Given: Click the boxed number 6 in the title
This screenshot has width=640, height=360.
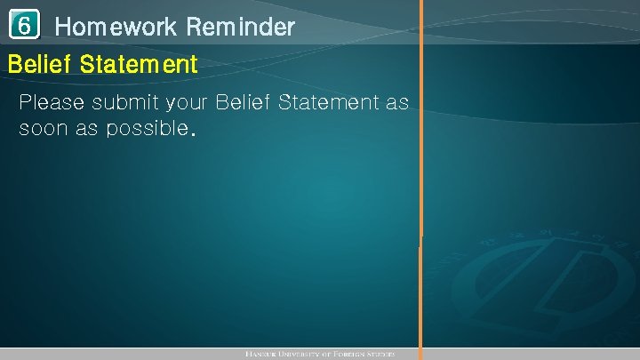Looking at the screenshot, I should (x=26, y=27).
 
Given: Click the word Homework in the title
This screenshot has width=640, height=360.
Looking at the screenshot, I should (x=116, y=28).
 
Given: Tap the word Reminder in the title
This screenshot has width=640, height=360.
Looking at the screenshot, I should (x=241, y=28).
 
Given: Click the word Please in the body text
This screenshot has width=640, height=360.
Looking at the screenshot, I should (x=52, y=102).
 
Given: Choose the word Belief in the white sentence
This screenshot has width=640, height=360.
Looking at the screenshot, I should (x=244, y=102).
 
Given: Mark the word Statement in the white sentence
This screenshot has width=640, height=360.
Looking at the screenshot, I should (x=329, y=102).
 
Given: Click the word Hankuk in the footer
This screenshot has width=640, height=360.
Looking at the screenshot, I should (x=263, y=354).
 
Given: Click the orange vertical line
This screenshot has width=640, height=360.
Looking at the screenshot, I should (x=421, y=178).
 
